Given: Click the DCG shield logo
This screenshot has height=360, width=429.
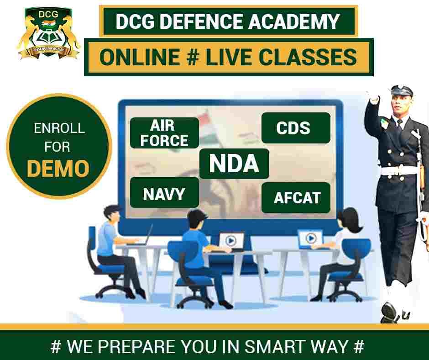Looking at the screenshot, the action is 49,33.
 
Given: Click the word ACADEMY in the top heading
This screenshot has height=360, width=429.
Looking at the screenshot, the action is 294,21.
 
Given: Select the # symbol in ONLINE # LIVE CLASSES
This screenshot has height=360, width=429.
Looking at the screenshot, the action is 193,57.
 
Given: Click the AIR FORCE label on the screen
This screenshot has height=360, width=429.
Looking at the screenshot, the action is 164,133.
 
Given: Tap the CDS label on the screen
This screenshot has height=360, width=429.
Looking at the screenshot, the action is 296,128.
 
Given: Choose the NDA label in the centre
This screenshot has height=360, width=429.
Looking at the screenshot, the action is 234,164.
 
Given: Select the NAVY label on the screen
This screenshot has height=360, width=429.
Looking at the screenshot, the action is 164,192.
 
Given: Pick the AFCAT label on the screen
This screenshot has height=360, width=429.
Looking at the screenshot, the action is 296,198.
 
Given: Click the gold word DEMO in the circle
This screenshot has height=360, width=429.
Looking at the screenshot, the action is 58,168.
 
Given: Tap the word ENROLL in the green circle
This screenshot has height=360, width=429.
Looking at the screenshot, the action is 59,128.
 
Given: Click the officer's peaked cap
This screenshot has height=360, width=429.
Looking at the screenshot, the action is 401,90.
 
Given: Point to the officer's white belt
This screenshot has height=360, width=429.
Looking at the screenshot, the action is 399,170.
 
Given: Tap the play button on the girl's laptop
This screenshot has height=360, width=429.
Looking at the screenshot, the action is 311,238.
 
